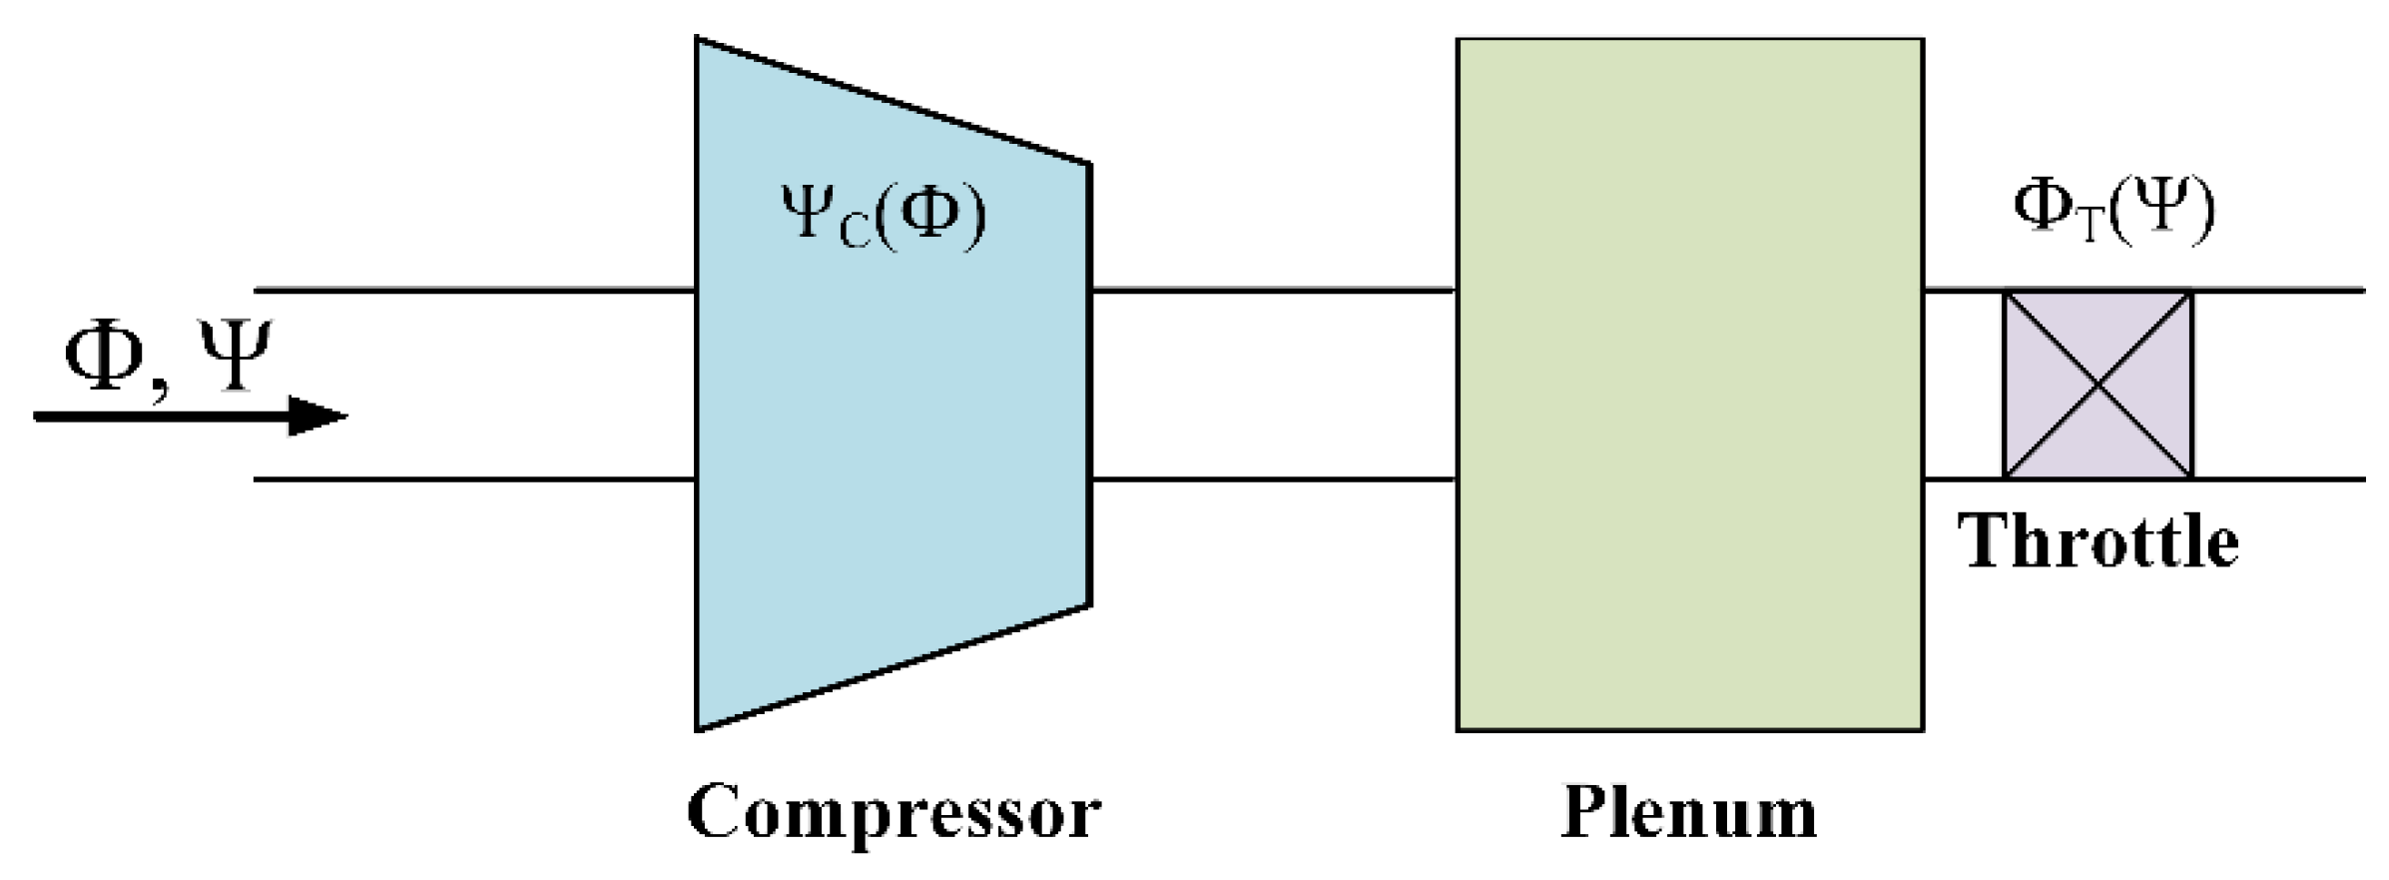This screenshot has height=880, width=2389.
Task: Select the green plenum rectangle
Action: [1689, 385]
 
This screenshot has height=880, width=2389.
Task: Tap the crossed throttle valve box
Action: [2097, 385]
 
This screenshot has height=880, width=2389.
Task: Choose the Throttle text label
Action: [2097, 542]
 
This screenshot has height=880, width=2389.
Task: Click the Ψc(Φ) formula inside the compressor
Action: [884, 214]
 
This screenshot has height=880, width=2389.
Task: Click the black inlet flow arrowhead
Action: [317, 416]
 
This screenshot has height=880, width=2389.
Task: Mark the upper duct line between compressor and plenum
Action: [1273, 291]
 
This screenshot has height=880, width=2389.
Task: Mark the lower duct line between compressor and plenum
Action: [1273, 479]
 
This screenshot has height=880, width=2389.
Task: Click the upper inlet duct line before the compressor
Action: [474, 291]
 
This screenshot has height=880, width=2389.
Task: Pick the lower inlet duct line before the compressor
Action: [474, 479]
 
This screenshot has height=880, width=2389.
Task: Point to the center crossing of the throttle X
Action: [2097, 385]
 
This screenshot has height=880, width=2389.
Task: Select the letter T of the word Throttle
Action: [1986, 541]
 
